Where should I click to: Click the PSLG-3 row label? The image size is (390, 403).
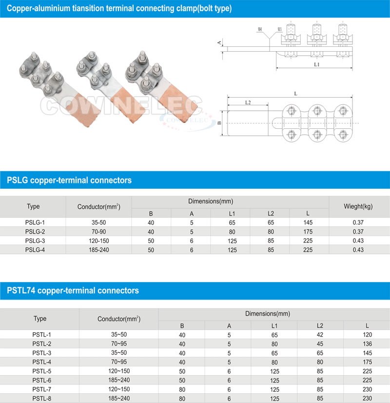[35, 241]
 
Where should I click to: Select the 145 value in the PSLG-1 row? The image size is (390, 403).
[308, 222]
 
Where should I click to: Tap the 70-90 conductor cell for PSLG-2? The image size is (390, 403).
[98, 232]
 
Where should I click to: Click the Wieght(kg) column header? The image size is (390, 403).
[358, 206]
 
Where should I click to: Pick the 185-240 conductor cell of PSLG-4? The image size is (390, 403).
[98, 250]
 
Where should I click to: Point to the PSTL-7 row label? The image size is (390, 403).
[41, 389]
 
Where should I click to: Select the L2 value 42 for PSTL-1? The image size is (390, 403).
[320, 335]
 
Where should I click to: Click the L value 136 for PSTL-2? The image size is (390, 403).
[367, 344]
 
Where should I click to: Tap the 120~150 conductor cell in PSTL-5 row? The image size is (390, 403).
[119, 371]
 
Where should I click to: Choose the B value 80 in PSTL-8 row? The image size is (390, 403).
[182, 399]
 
